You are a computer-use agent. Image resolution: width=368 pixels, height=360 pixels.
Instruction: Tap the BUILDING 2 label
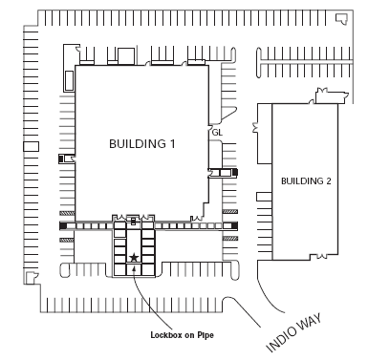point(306,180)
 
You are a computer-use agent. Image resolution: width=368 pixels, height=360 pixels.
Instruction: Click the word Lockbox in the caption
point(168,335)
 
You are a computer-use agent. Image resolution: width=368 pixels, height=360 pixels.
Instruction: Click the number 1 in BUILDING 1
point(174,144)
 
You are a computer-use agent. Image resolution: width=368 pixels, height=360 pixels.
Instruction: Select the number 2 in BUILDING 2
point(329,180)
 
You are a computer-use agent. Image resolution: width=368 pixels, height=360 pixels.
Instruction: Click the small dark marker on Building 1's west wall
point(63,159)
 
